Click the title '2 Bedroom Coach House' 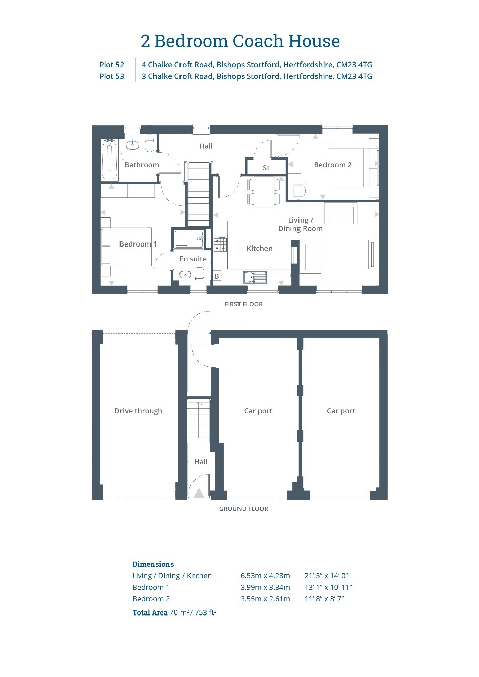tap(240, 41)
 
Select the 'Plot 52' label tap(112, 65)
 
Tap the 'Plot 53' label tap(112, 76)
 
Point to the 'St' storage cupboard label tap(266, 168)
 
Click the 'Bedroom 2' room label tap(333, 165)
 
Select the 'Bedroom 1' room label tap(138, 244)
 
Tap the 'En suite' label tap(193, 259)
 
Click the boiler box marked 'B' tap(217, 276)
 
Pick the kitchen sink tap(255, 277)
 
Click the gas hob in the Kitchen tap(221, 244)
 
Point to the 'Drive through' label tap(139, 411)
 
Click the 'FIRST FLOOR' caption tap(244, 304)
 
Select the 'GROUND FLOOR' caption tap(244, 509)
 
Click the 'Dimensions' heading tap(153, 564)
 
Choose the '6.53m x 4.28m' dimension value tap(265, 576)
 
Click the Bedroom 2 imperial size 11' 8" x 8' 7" tap(324, 599)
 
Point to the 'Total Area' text tap(150, 612)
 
